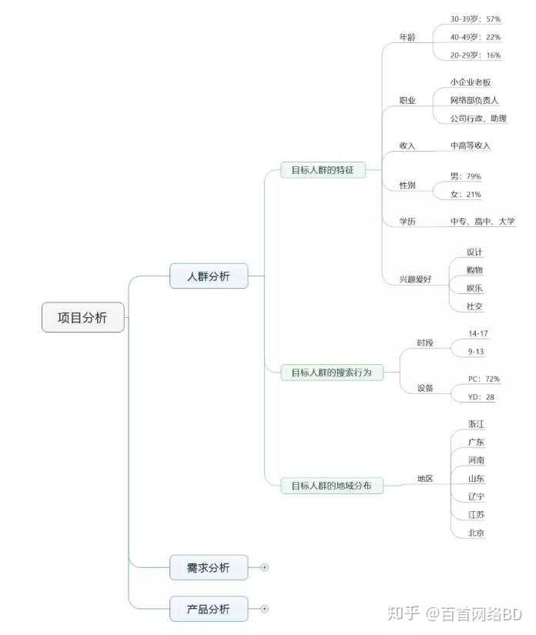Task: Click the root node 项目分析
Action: pyautogui.click(x=82, y=317)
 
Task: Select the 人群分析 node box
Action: pyautogui.click(x=209, y=276)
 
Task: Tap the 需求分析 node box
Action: pyautogui.click(x=209, y=568)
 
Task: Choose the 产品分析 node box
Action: pyautogui.click(x=209, y=609)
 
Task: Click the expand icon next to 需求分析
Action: pyautogui.click(x=264, y=568)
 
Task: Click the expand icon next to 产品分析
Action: pyautogui.click(x=264, y=609)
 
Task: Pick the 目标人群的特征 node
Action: pyautogui.click(x=322, y=170)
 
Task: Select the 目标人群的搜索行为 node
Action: pyautogui.click(x=331, y=373)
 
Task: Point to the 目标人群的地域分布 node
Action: pyautogui.click(x=331, y=486)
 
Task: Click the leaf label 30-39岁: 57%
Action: pyautogui.click(x=475, y=18)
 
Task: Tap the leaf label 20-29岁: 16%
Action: pyautogui.click(x=475, y=55)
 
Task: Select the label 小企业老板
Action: pyautogui.click(x=471, y=82)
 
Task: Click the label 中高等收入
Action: pyautogui.click(x=471, y=145)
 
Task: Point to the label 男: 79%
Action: pyautogui.click(x=465, y=176)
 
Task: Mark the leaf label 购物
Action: pyautogui.click(x=475, y=270)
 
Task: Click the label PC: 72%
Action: pyautogui.click(x=484, y=379)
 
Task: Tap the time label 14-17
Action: pyautogui.click(x=478, y=333)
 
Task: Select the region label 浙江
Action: pyautogui.click(x=476, y=424)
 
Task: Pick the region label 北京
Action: pyautogui.click(x=476, y=533)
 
